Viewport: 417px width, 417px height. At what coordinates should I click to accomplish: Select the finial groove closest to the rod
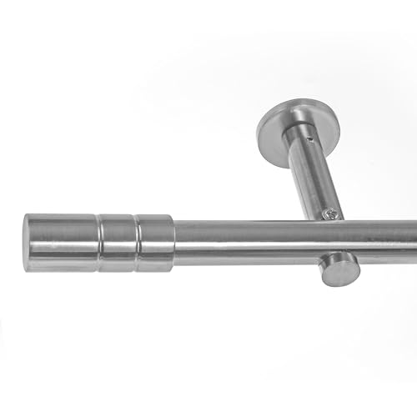coord(137,242)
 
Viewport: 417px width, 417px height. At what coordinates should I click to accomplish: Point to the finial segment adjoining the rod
coord(156,243)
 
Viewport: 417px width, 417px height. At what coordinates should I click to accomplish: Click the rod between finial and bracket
coord(242,242)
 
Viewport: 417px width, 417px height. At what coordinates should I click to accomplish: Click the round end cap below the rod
coord(340,269)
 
